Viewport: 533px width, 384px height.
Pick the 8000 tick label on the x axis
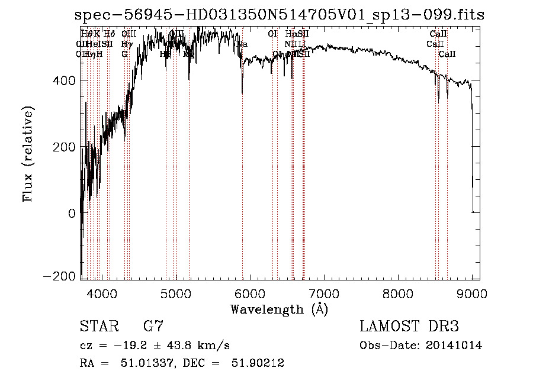[398, 292]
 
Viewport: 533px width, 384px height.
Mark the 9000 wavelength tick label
[472, 292]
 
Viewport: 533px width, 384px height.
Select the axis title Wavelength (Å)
[279, 309]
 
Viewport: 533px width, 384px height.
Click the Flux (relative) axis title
[28, 154]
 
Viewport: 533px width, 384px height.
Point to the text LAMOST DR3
[409, 327]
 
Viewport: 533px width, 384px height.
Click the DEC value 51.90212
[260, 363]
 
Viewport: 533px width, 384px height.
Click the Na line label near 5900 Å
[242, 44]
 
